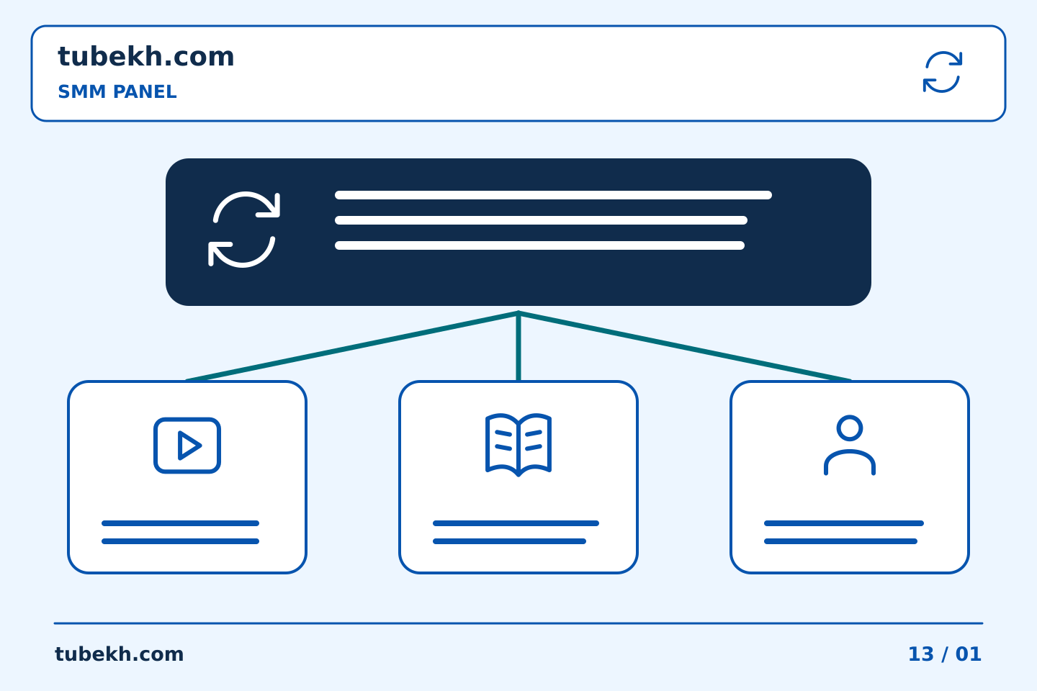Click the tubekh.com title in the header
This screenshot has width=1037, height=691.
pyautogui.click(x=145, y=56)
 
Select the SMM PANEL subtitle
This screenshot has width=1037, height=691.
pyautogui.click(x=117, y=91)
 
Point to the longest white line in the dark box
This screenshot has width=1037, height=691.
pyautogui.click(x=553, y=195)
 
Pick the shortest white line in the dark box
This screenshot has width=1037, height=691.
pyautogui.click(x=539, y=245)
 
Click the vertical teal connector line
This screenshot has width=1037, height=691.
pyautogui.click(x=518, y=347)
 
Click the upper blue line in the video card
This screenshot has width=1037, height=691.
pyautogui.click(x=180, y=523)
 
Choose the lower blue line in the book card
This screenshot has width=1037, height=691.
pyautogui.click(x=509, y=541)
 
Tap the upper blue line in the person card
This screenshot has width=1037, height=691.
pyautogui.click(x=844, y=523)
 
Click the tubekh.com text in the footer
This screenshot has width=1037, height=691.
pyautogui.click(x=119, y=654)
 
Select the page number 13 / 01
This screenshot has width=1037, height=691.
pyautogui.click(x=945, y=654)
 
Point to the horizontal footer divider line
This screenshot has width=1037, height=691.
pyautogui.click(x=518, y=623)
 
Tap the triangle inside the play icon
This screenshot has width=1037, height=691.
pyautogui.click(x=189, y=446)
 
